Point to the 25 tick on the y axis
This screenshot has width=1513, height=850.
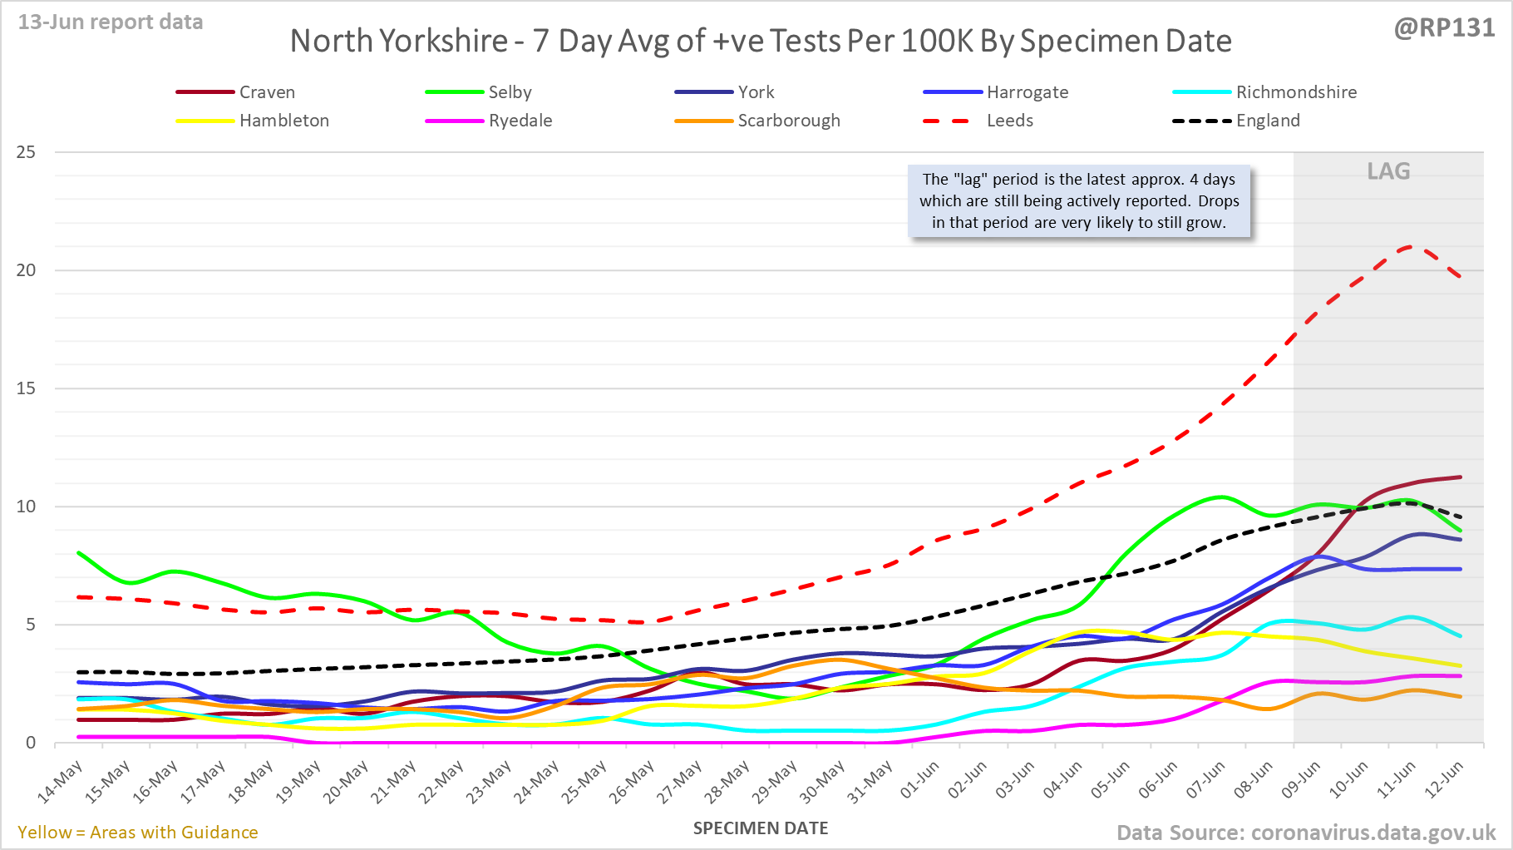pos(26,152)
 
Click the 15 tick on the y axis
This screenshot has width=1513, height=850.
pos(26,388)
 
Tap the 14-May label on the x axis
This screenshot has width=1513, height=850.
pos(61,782)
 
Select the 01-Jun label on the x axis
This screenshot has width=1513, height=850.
pos(919,780)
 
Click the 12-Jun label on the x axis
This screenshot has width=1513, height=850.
pos(1444,780)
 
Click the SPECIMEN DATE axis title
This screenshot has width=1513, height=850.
pos(761,828)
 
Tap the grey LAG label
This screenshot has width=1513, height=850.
pos(1388,171)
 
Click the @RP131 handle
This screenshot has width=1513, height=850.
pos(1444,28)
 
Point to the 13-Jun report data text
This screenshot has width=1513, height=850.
pos(111,22)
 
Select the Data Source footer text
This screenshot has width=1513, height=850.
pos(1305,833)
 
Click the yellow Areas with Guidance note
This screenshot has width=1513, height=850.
pos(138,833)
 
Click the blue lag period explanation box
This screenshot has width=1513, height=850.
pos(1079,201)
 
